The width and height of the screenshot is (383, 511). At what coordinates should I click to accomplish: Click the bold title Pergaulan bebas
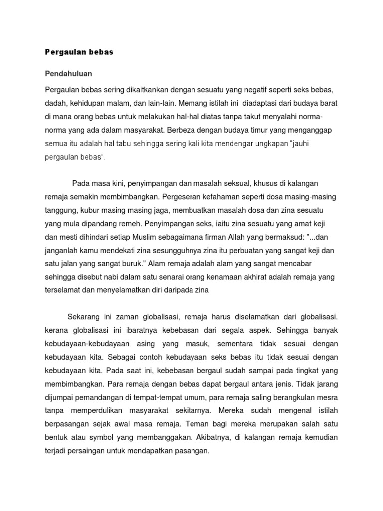tap(79, 52)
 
